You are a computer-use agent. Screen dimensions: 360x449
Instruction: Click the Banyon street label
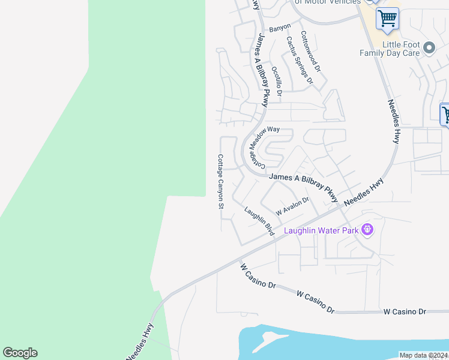[280, 27]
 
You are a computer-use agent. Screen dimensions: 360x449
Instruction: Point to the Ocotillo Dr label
[276, 80]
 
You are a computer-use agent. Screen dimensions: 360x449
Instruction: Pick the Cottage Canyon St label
[220, 181]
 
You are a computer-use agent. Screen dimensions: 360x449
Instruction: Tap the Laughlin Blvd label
[259, 221]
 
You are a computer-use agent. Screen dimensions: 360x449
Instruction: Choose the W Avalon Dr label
[292, 206]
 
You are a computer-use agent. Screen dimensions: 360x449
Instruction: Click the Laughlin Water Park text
[321, 230]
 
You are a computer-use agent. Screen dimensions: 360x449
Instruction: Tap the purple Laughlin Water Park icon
[367, 229]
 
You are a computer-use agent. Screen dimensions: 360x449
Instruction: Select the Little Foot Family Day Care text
[390, 49]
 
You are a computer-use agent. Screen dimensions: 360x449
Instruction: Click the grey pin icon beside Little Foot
[429, 47]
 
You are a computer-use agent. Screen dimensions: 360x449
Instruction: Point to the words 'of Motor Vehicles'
[327, 2]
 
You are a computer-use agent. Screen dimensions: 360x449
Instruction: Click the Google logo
[20, 353]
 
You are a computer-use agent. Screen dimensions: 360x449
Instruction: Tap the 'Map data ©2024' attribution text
[424, 355]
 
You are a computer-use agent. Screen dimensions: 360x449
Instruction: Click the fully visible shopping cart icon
[387, 18]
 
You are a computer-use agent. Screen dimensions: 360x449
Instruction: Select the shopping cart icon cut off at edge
[445, 114]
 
